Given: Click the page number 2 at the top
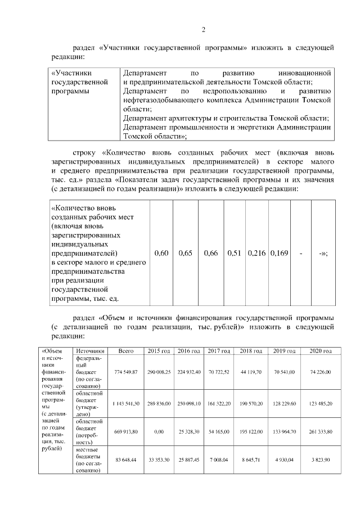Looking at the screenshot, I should click(204, 30).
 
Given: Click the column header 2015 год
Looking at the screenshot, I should click(159, 352).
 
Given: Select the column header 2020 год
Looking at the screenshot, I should click(318, 352).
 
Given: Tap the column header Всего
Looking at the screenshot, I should click(126, 352).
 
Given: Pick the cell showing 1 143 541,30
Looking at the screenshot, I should click(126, 404).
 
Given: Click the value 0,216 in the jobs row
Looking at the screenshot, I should click(257, 254).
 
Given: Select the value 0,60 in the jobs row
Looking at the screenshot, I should click(161, 254).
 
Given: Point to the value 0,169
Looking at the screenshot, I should click(278, 254).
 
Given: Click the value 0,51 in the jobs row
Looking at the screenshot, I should click(235, 254).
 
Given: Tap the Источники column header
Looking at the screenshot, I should click(89, 352).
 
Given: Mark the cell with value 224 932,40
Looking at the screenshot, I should click(189, 372).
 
